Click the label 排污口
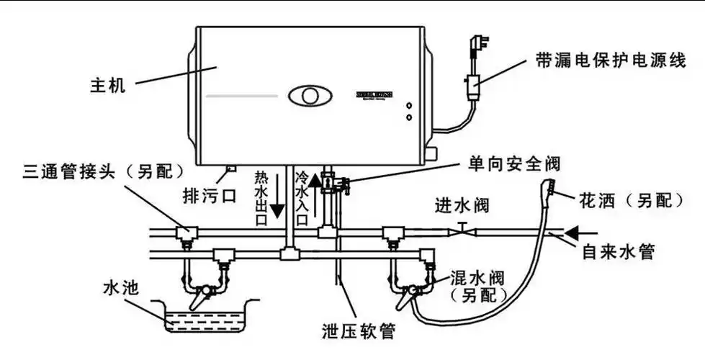(207, 195)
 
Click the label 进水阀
(462, 206)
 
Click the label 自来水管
(618, 252)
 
